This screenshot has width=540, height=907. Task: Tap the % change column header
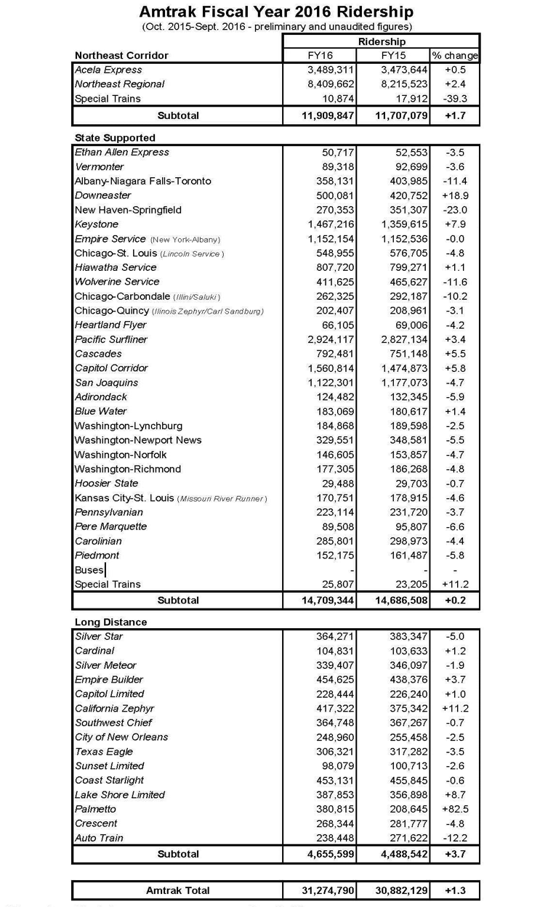(x=455, y=55)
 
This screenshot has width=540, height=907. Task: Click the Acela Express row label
(x=109, y=70)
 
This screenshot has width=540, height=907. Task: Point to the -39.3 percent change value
(x=455, y=99)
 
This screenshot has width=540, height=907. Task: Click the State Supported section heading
(x=115, y=137)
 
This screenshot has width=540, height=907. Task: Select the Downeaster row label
(x=103, y=195)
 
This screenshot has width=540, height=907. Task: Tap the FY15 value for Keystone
(x=400, y=224)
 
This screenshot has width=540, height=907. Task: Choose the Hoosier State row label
(x=106, y=483)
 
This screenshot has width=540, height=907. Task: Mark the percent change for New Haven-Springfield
(x=455, y=210)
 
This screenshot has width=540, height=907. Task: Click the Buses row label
(x=89, y=570)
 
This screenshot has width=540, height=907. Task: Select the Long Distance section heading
(x=110, y=622)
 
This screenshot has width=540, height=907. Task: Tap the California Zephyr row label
(x=114, y=708)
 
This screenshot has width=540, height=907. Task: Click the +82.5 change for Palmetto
(x=455, y=809)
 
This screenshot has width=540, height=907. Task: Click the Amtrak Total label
(x=178, y=890)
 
